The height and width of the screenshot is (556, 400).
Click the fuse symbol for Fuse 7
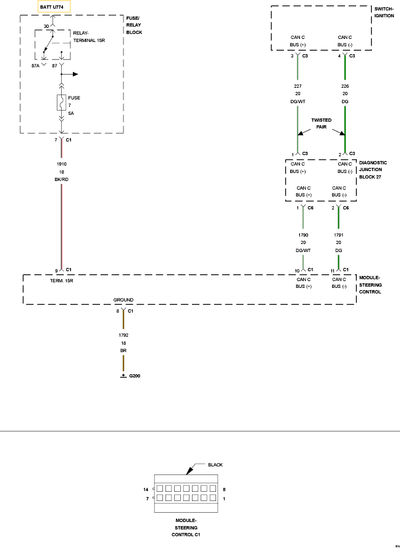click(x=61, y=104)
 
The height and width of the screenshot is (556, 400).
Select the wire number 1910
click(x=61, y=164)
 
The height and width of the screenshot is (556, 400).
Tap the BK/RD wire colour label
click(x=61, y=179)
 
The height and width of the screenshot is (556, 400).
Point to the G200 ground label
click(x=135, y=376)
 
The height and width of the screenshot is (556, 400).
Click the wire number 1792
click(x=123, y=335)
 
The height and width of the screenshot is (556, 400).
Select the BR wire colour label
click(x=123, y=350)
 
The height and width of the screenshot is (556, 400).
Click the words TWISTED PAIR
click(x=321, y=124)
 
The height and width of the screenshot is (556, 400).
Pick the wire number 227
click(x=298, y=86)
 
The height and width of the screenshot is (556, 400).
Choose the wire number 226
click(x=345, y=86)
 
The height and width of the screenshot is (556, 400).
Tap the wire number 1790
click(x=303, y=235)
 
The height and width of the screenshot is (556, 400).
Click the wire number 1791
click(x=338, y=235)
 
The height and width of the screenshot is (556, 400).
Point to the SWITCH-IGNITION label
click(x=384, y=12)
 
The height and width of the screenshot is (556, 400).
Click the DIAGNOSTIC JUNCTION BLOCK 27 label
click(x=373, y=169)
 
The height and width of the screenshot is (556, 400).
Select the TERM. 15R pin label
click(x=62, y=280)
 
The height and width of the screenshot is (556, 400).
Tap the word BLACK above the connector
click(x=215, y=465)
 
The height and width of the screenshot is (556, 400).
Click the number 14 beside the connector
click(x=146, y=489)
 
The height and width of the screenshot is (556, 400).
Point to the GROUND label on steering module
click(x=123, y=300)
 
